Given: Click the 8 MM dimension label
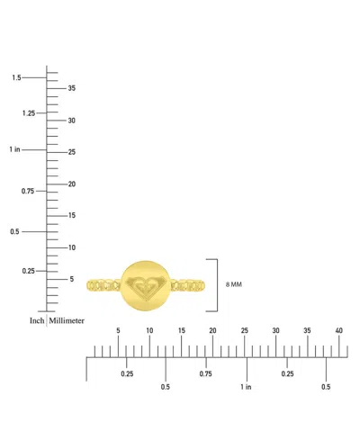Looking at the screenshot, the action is tap(234, 284).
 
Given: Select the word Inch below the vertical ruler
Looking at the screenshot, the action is tap(37, 320).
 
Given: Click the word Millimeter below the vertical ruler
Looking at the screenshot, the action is tap(67, 320).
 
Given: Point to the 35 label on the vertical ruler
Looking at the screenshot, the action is tap(72, 88).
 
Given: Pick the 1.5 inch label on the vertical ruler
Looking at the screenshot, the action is tap(16, 77).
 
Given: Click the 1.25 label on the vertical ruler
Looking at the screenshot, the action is tap(29, 113).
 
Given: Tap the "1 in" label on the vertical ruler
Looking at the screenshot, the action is tap(14, 149).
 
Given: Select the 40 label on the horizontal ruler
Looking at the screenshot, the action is tap(338, 330).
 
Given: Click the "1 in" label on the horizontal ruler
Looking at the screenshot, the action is tap(246, 387).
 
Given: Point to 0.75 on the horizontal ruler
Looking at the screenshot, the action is tap(205, 373).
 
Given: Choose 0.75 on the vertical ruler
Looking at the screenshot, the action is tap(28, 191).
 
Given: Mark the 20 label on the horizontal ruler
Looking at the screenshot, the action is tap(212, 330).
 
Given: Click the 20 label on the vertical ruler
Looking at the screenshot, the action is tap(72, 184).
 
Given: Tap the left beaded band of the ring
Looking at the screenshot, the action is tap(103, 285).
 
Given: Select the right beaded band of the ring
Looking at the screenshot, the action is tap(188, 285).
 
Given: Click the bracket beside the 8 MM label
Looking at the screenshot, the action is tap(217, 285).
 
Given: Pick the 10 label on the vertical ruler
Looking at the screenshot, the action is tap(72, 247).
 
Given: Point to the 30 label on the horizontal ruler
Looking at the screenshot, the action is tap(275, 330).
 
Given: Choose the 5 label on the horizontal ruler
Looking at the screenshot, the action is tap(118, 330).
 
